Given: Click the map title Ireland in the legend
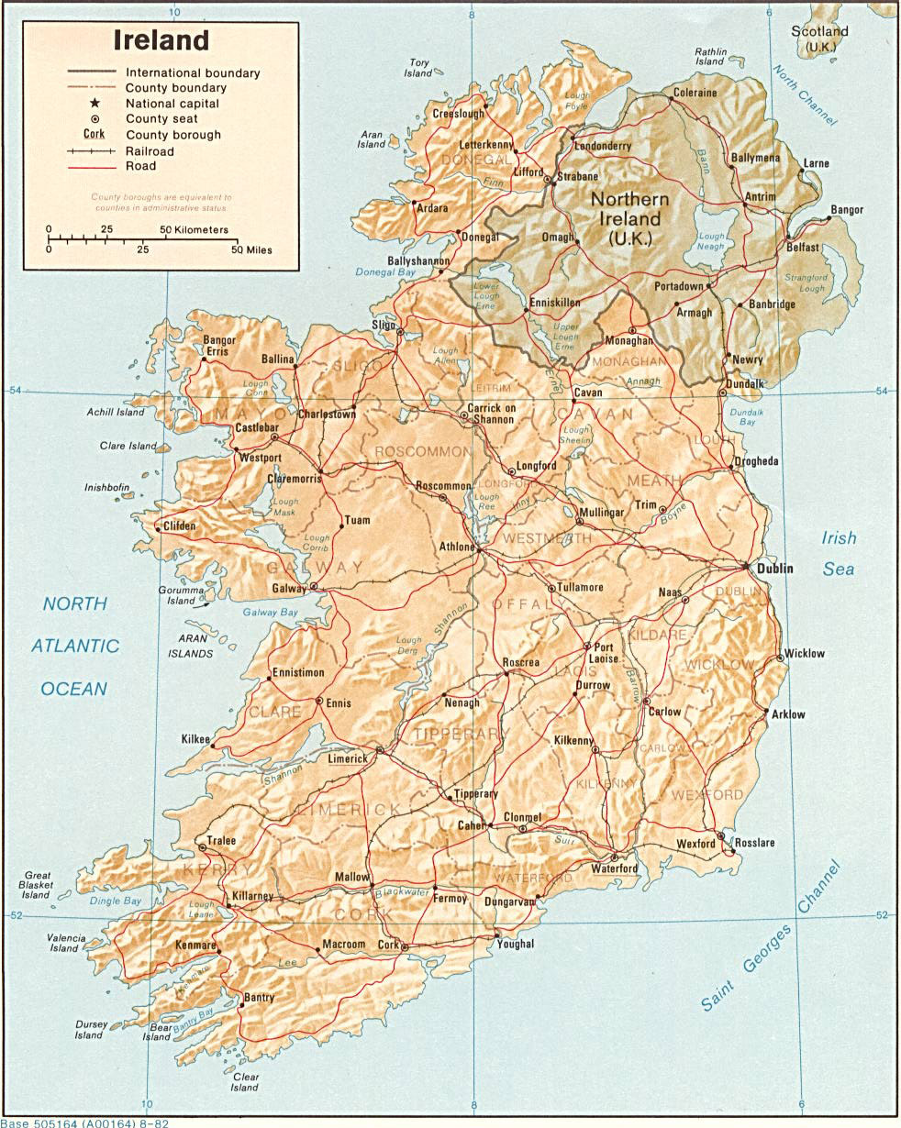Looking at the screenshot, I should click(x=161, y=40).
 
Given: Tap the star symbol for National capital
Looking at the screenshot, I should click(x=95, y=104).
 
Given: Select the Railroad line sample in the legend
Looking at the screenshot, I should click(x=91, y=150).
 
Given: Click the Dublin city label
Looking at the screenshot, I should click(x=774, y=569).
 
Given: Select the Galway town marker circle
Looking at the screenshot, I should click(x=314, y=586).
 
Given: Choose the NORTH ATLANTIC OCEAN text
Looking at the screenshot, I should click(x=75, y=646).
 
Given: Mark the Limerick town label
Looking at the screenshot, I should click(x=348, y=758).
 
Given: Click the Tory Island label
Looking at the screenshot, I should click(x=419, y=68).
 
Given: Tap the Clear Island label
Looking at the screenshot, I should click(x=245, y=1082).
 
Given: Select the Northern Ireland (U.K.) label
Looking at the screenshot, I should click(x=629, y=219).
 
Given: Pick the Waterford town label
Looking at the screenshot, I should click(x=614, y=868).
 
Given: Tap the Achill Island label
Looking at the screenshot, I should click(x=117, y=413).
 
